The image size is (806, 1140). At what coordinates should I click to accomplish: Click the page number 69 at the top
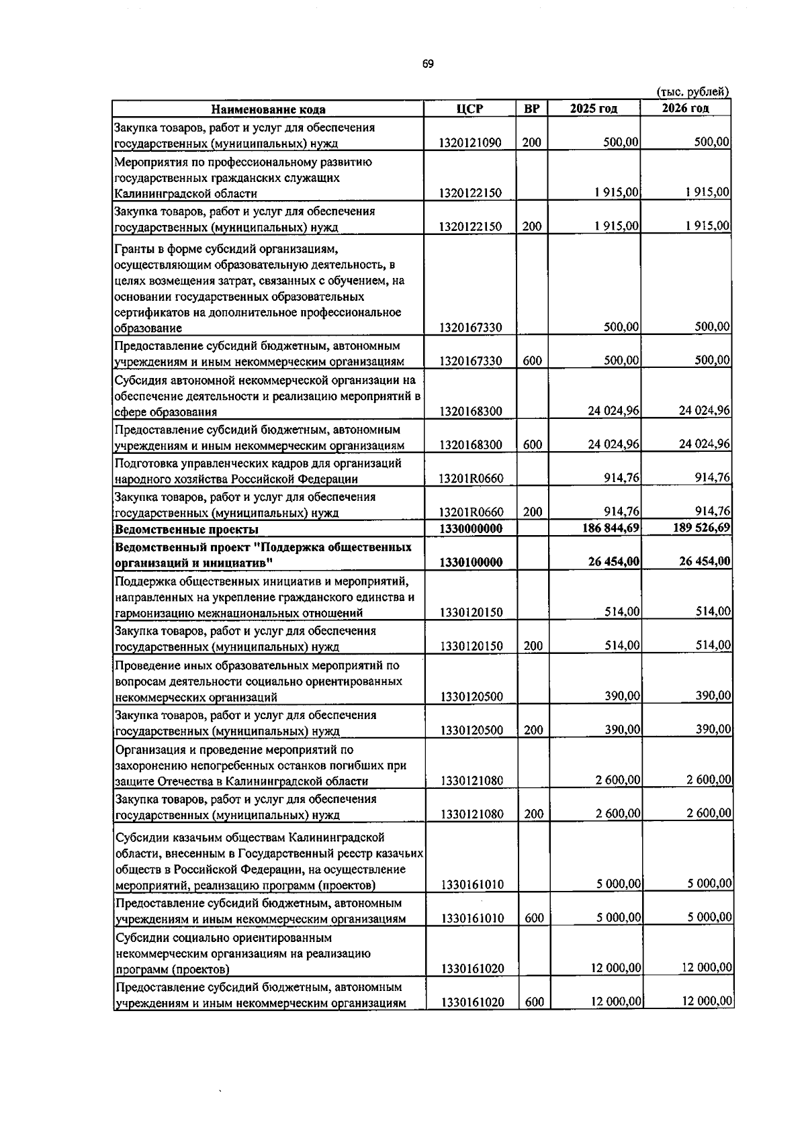coord(428,64)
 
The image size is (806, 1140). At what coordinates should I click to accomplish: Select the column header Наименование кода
coord(268,109)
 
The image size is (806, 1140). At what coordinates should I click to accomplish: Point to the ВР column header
coord(531,109)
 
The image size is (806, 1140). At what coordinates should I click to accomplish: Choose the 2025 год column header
coord(594,109)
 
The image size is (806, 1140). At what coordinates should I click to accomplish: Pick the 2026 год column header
coord(685,109)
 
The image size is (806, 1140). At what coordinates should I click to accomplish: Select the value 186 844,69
coord(611,528)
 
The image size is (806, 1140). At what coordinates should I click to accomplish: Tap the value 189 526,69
coord(701,528)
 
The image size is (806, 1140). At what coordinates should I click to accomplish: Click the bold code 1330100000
coord(471,562)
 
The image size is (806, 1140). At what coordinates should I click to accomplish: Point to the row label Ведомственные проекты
coord(177,530)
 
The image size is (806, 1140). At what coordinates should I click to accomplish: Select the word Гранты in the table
coord(134,248)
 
